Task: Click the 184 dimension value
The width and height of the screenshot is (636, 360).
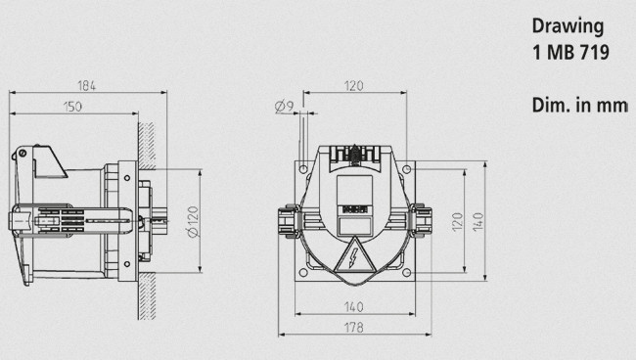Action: click(x=86, y=85)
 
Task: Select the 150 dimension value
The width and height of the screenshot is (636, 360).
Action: click(x=72, y=107)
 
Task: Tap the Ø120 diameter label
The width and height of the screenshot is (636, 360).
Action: click(x=193, y=222)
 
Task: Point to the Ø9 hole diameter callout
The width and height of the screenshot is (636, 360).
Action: click(x=284, y=107)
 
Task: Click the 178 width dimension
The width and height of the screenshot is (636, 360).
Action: click(x=353, y=327)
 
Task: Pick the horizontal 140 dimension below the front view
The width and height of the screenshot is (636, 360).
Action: click(x=353, y=307)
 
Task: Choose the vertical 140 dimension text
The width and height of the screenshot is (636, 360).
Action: click(x=478, y=222)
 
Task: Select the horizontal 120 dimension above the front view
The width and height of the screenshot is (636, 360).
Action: click(x=353, y=85)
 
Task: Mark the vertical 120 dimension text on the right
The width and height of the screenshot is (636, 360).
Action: click(x=457, y=222)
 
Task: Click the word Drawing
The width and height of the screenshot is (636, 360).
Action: click(x=568, y=26)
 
